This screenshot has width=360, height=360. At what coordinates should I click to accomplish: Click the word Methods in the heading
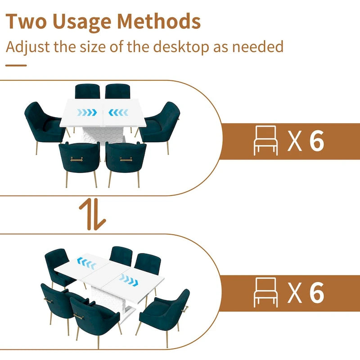159,21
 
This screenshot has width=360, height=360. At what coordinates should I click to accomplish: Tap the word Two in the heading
26,21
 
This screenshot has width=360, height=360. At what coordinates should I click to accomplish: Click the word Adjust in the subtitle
27,47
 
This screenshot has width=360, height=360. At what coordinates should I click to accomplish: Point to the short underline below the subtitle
16,65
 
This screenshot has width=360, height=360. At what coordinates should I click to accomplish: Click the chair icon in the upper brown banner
265,140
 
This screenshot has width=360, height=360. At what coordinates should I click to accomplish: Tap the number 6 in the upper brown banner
317,141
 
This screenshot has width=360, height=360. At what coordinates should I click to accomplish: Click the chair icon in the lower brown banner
265,292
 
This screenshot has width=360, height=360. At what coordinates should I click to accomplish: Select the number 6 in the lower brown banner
317,292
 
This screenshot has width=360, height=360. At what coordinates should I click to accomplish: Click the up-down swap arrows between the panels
92,215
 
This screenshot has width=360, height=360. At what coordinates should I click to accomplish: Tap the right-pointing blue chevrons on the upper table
87,112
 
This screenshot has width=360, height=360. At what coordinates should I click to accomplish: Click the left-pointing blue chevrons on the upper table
118,112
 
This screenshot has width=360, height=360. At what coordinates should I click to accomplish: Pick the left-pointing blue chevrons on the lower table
86,263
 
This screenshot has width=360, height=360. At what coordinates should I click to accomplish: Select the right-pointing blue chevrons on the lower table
129,280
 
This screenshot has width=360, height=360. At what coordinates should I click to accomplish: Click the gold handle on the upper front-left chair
76,159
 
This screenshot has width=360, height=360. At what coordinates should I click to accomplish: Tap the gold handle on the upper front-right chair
126,159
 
